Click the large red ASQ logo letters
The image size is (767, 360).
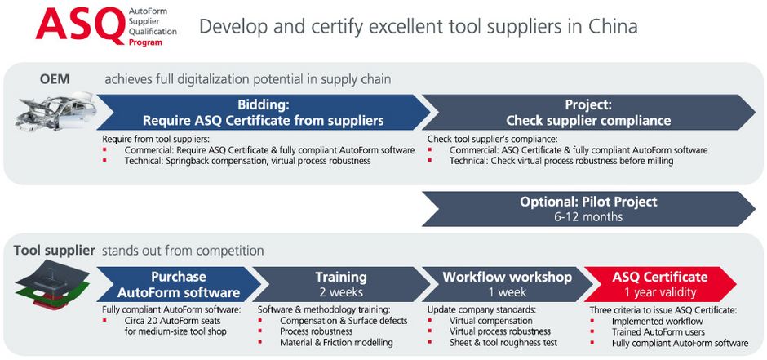click(x=80, y=25)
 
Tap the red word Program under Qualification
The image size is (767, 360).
click(x=145, y=42)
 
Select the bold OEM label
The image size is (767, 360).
click(x=55, y=78)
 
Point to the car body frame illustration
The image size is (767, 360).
click(x=56, y=113)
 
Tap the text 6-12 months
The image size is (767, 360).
click(x=588, y=216)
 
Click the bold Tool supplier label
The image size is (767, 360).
click(x=55, y=251)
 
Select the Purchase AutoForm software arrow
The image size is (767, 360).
click(x=178, y=284)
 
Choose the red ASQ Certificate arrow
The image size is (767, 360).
click(x=660, y=284)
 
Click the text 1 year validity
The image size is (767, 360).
click(x=660, y=292)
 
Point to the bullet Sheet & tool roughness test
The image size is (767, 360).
click(x=503, y=342)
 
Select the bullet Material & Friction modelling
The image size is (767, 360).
click(x=336, y=342)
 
